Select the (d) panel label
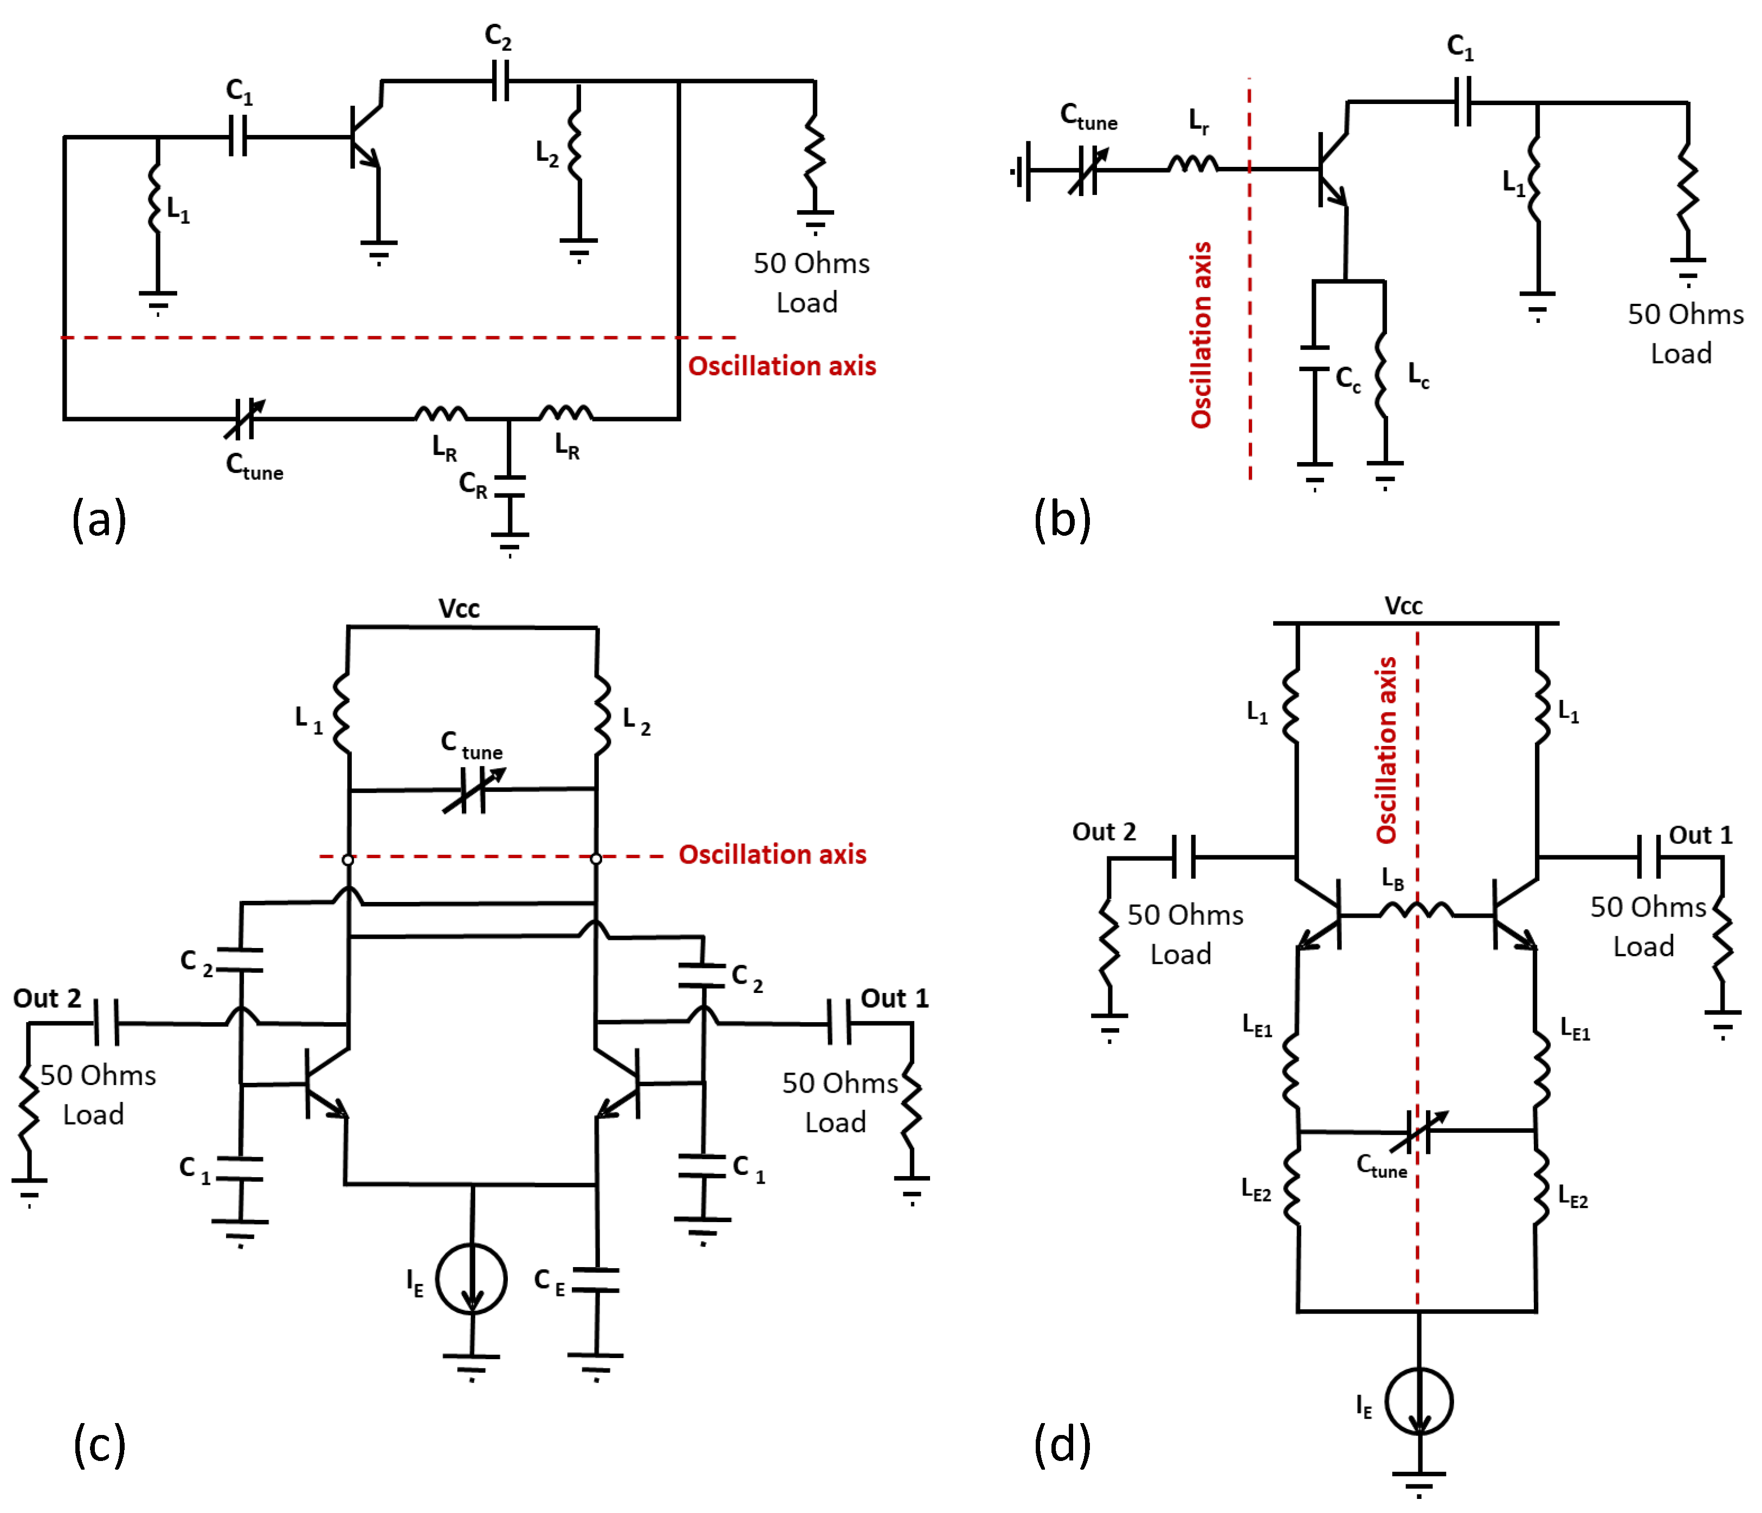pyautogui.click(x=1062, y=1444)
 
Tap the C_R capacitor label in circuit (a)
pyautogui.click(x=473, y=484)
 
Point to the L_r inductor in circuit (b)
pyautogui.click(x=1193, y=163)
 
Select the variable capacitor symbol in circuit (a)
pyautogui.click(x=244, y=418)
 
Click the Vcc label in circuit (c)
pyautogui.click(x=459, y=608)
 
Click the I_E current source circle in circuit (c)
pyautogui.click(x=472, y=1278)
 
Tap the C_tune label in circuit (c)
pyautogui.click(x=471, y=745)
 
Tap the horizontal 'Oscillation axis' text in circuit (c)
pyautogui.click(x=772, y=854)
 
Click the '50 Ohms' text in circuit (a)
pyautogui.click(x=811, y=263)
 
